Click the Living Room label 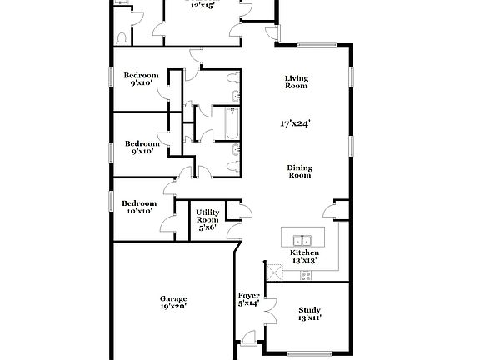tap(296, 82)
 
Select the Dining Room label tap(300, 171)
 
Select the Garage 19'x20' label tap(173, 302)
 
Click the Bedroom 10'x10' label tap(138, 207)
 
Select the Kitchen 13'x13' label tap(304, 256)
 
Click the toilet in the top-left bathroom tap(123, 38)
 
